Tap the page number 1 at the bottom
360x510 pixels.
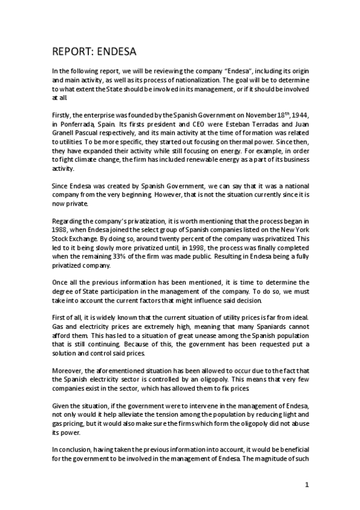307,485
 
